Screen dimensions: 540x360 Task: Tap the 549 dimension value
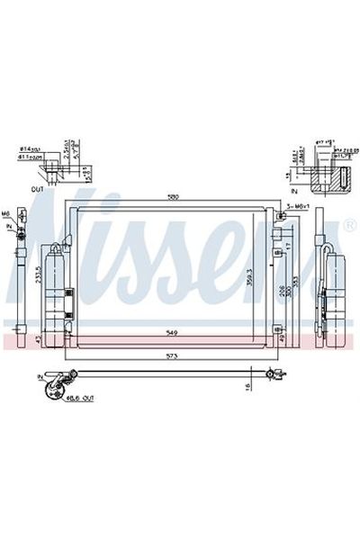(170, 332)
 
